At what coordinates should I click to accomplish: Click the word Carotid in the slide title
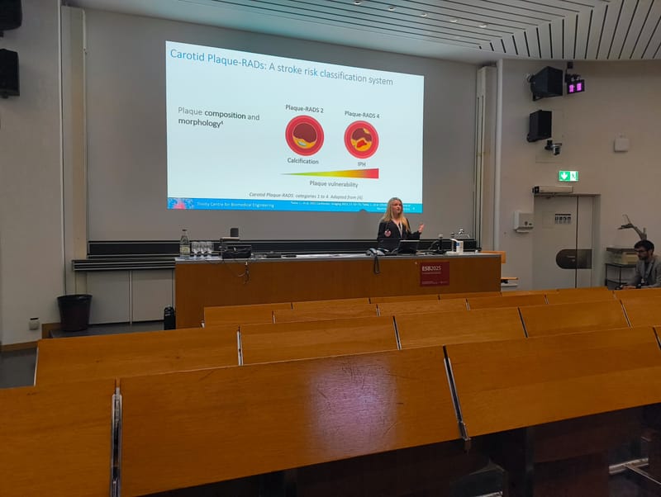(x=188, y=55)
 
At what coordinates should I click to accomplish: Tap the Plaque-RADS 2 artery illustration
(x=304, y=135)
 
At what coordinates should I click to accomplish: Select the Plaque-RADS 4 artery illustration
(x=361, y=139)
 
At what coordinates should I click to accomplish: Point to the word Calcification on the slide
(x=303, y=161)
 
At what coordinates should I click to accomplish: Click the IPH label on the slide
(x=361, y=164)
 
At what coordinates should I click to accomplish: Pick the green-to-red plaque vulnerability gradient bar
(x=330, y=173)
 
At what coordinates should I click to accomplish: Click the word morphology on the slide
(x=197, y=122)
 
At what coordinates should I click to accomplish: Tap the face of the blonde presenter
(x=395, y=206)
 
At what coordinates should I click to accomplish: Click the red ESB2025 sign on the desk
(x=434, y=273)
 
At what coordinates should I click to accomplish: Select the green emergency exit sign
(x=568, y=176)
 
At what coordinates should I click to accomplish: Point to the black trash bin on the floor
(x=74, y=312)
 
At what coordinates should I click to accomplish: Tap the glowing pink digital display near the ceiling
(x=575, y=86)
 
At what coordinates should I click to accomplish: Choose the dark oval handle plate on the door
(x=573, y=258)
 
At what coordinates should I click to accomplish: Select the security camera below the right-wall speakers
(x=553, y=147)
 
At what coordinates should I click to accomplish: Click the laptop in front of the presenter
(x=407, y=247)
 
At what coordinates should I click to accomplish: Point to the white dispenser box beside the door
(x=523, y=220)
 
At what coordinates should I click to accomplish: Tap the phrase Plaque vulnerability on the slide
(x=333, y=183)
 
